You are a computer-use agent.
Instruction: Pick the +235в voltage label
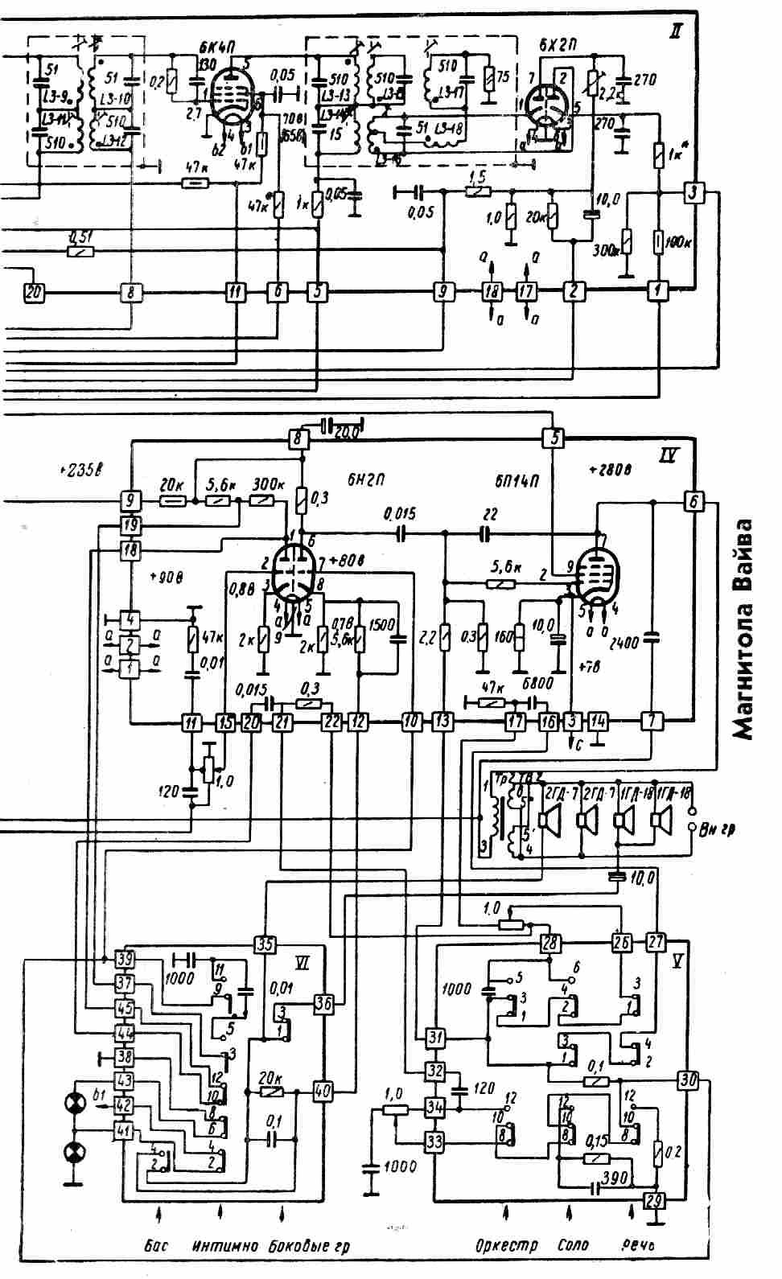point(83,470)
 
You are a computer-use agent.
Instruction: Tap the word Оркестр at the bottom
point(506,1246)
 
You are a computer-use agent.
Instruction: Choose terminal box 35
point(264,944)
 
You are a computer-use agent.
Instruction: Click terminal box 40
point(323,1092)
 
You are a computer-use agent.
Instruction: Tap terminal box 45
point(124,1008)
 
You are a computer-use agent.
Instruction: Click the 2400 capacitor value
point(624,643)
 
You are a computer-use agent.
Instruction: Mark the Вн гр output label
point(718,828)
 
